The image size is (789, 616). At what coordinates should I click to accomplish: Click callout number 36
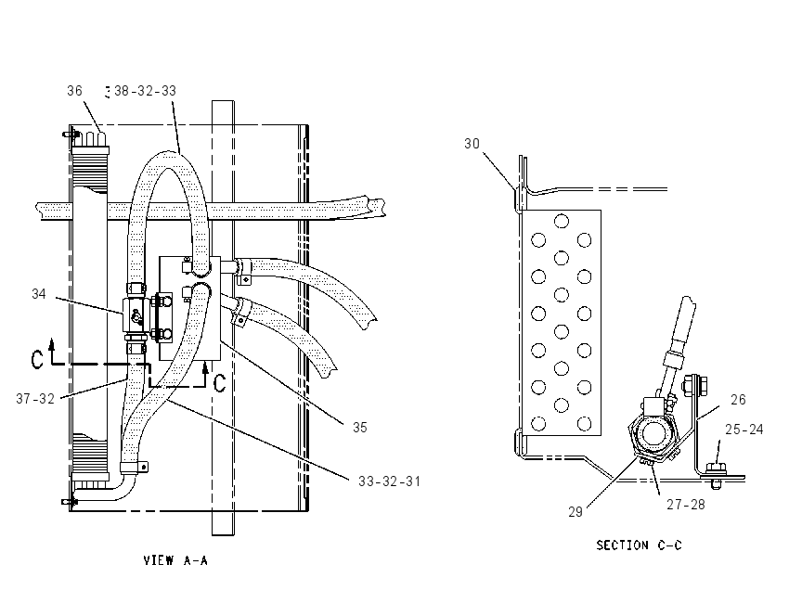74,91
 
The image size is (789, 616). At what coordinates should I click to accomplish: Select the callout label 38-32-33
146,91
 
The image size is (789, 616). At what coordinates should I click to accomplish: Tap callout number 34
39,294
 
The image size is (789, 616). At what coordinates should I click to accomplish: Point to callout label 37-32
35,399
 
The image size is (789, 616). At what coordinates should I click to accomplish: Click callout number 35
360,428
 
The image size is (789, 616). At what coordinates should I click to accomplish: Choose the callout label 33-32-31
390,481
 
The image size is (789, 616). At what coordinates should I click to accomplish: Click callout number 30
472,144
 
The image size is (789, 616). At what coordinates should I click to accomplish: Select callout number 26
738,400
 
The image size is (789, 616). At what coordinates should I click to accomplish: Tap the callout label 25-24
744,430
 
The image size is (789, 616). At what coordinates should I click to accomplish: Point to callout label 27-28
686,505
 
